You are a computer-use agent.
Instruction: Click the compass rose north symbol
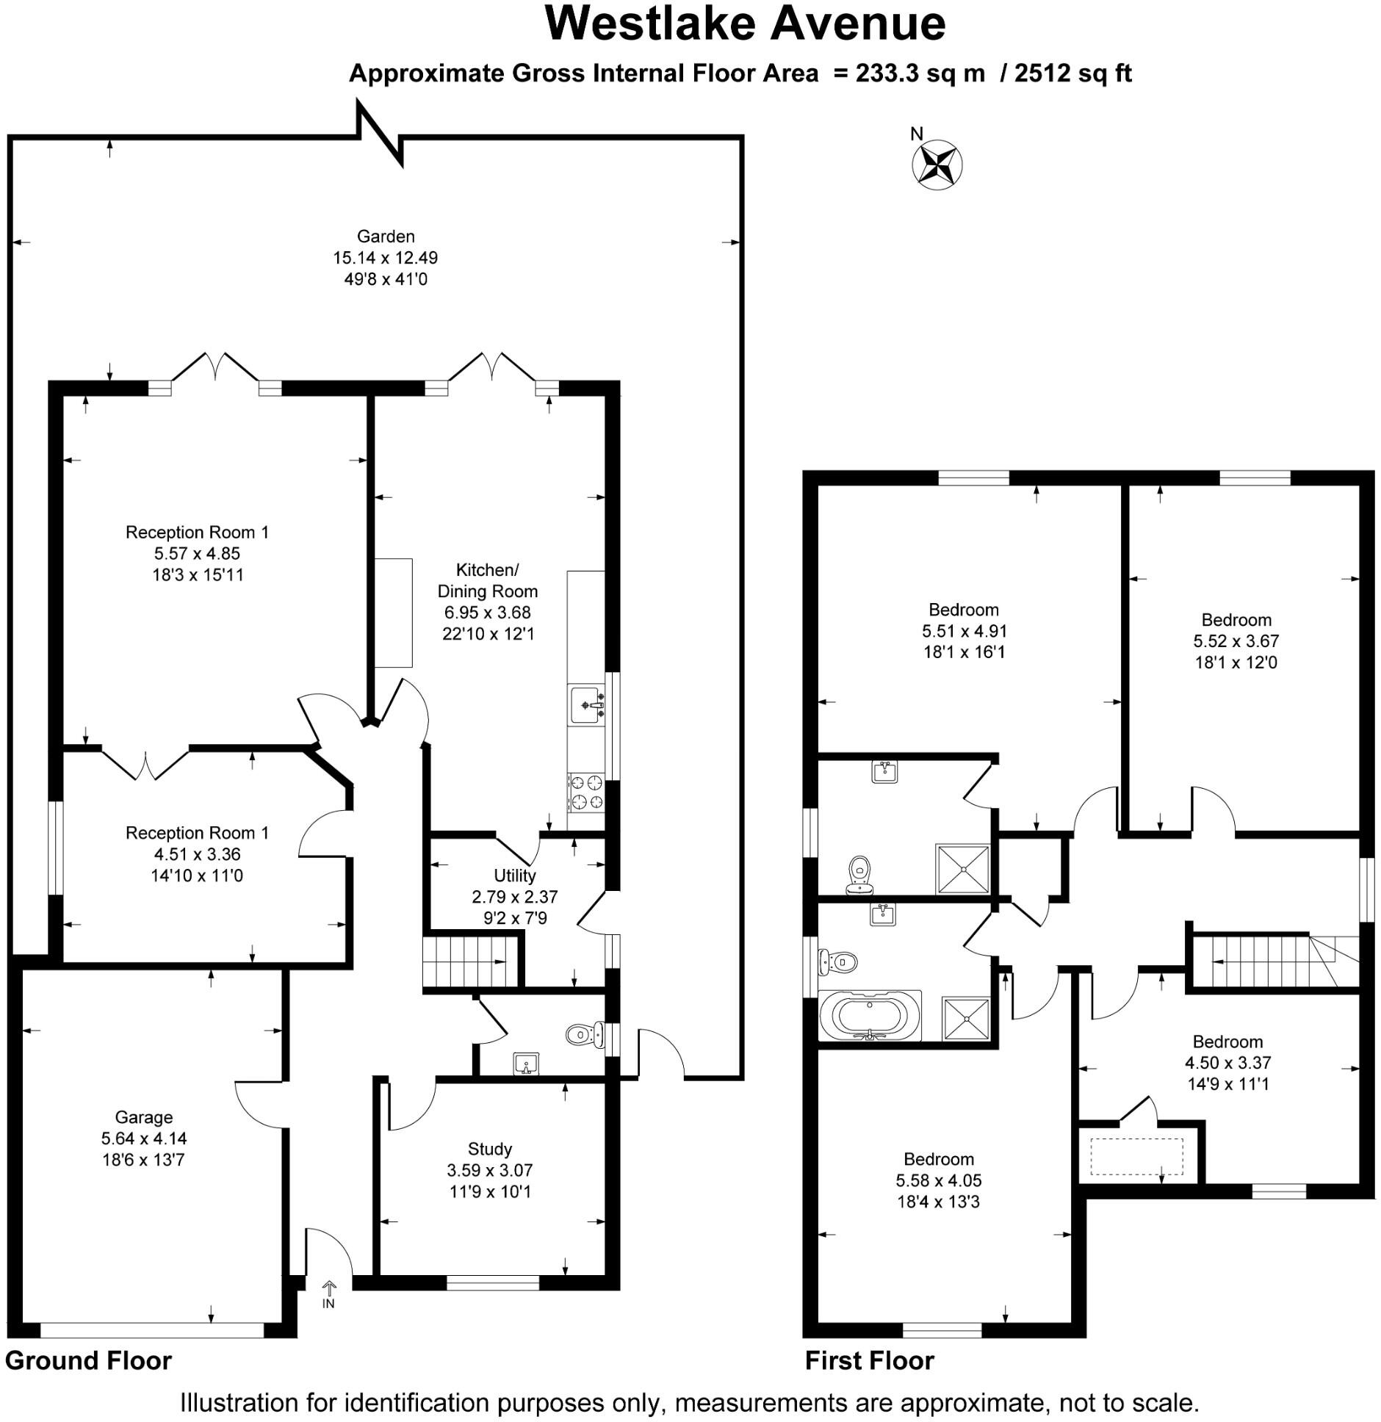tap(937, 165)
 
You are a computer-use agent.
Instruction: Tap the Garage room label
tap(143, 1117)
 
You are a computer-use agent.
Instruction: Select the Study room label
tap(489, 1149)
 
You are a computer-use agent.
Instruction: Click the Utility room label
tap(514, 876)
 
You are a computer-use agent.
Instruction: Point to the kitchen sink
tap(585, 705)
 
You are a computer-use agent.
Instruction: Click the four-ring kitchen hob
tap(585, 792)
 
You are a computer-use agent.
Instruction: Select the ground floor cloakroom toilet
tap(584, 1036)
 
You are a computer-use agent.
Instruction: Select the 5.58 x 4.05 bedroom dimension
tap(938, 1180)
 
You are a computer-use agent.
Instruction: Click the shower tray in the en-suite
tap(962, 869)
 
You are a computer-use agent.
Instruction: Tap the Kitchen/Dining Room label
tap(487, 580)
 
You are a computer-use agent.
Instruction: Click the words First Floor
tap(869, 1360)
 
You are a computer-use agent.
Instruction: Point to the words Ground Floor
tap(88, 1360)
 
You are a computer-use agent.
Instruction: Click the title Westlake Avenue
tap(744, 24)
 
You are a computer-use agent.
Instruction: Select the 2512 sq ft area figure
tap(1072, 73)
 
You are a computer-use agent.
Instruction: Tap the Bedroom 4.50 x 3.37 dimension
tap(1227, 1062)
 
